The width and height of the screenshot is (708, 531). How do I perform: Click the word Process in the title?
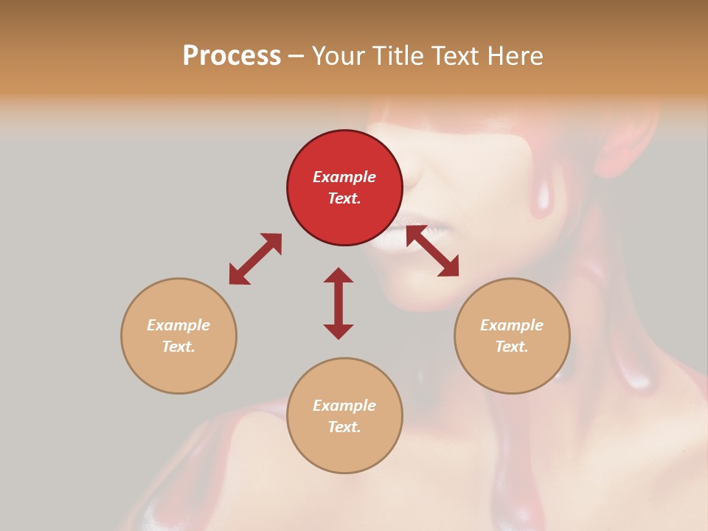coord(232,56)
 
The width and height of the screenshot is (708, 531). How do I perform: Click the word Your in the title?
coord(341,56)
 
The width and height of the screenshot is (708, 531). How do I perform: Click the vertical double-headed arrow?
coord(339,303)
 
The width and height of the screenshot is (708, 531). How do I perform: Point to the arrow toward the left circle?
coord(255,259)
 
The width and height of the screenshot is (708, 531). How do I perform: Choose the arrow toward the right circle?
coord(432,251)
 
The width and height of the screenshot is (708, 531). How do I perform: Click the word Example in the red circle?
coord(344,177)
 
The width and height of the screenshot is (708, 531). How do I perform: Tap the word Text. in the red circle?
coord(344,198)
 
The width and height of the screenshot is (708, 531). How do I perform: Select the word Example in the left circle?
coord(178,325)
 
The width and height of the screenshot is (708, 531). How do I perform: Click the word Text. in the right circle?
coord(512,347)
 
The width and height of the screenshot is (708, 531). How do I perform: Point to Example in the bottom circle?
coord(344,406)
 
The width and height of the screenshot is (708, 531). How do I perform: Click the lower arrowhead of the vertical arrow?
coord(339,331)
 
